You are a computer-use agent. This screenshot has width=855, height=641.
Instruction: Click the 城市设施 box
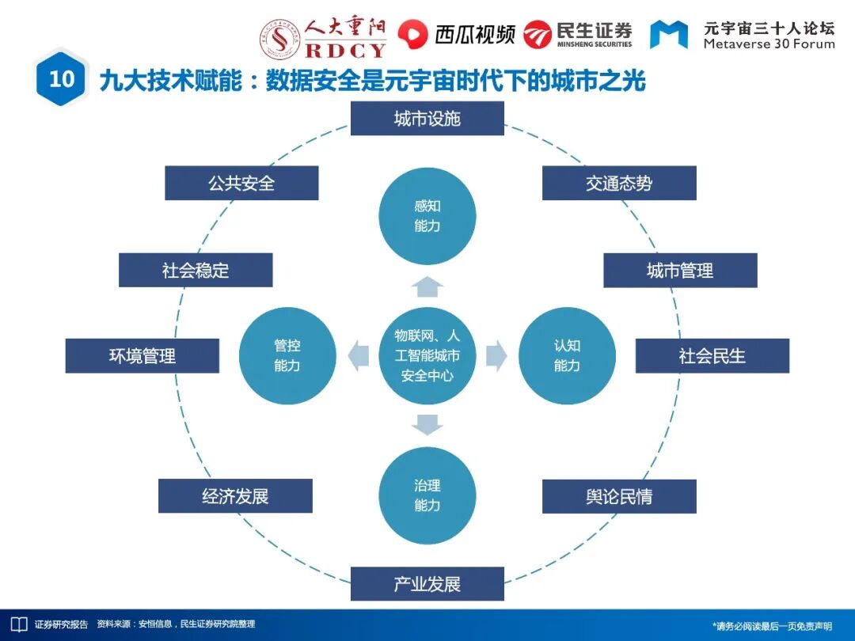pos(427,119)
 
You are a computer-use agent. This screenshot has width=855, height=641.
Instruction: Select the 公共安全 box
pos(241,183)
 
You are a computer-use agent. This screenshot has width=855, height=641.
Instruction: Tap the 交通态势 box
pos(619,183)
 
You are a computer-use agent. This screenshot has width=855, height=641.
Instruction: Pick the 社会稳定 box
pos(196,270)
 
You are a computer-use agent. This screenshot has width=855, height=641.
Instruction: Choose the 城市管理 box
pos(680,270)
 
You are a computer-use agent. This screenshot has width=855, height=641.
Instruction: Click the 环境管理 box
pos(142,355)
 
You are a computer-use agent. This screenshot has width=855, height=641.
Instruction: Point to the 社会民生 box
pos(712,355)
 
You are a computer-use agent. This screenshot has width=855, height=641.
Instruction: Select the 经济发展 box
pos(235,496)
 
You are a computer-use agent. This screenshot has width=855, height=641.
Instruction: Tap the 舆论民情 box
pos(619,496)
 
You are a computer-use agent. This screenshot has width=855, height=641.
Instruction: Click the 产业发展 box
pos(427,584)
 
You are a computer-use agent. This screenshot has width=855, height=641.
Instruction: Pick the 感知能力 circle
pos(427,216)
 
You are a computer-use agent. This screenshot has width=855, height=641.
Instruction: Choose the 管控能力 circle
pos(287,355)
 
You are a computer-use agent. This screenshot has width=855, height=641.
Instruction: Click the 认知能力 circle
pos(567,355)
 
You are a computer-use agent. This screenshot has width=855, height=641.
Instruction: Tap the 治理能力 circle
pos(427,495)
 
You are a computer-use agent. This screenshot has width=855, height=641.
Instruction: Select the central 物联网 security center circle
pos(427,355)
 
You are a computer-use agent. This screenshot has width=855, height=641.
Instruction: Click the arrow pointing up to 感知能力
pos(427,286)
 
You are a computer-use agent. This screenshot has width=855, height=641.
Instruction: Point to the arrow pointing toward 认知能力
pos(496,355)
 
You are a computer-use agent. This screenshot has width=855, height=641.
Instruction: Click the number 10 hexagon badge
pos(61,78)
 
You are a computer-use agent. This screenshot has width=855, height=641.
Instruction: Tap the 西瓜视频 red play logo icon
pos(411,33)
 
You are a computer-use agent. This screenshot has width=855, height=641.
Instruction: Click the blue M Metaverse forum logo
pos(669,34)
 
